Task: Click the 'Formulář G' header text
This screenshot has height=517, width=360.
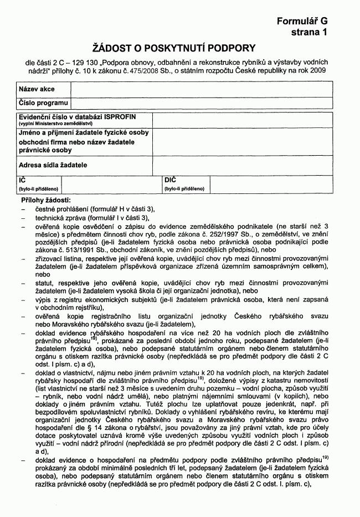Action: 302,21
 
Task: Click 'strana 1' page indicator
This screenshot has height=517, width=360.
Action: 309,33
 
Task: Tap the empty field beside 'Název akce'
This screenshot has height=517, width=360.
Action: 201,89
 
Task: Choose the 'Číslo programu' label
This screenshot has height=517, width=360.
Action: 43,103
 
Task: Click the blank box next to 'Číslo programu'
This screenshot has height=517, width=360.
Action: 201,103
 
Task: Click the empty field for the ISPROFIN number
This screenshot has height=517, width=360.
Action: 243,120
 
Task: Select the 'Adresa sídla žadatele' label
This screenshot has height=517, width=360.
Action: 53,165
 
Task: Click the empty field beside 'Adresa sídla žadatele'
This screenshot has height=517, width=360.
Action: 243,165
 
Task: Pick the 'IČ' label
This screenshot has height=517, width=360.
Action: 23,181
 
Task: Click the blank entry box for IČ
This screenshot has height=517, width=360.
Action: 111,185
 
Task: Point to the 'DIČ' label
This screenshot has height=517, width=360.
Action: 170,181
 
